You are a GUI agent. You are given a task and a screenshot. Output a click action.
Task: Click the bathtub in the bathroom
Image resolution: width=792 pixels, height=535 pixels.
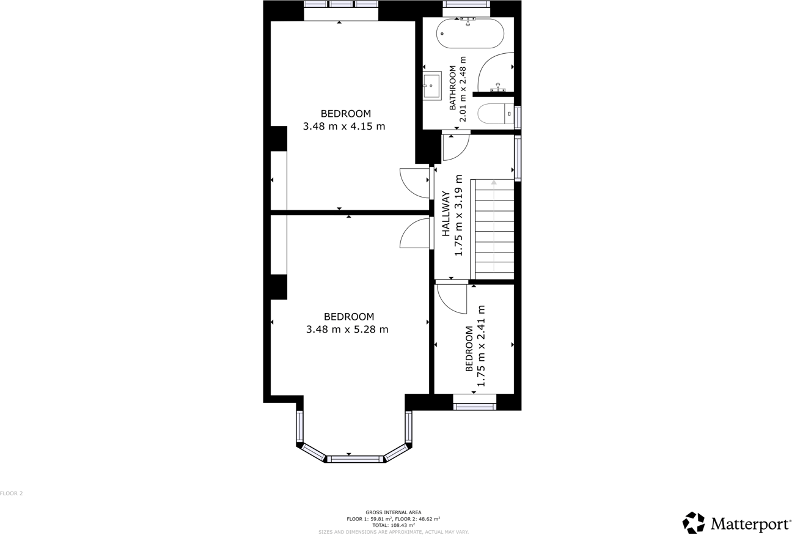click(x=470, y=34)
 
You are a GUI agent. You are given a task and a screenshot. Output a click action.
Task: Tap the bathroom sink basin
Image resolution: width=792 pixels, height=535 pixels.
click(x=431, y=86)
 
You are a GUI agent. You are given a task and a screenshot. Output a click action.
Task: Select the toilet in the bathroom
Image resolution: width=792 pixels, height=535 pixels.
click(x=495, y=114)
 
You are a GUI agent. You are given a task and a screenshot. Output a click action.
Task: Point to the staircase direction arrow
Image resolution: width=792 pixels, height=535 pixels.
click(x=494, y=182)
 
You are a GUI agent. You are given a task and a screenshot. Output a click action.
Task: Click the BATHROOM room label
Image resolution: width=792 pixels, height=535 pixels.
click(x=453, y=88)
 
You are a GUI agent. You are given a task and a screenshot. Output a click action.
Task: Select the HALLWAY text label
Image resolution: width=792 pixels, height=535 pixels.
click(x=446, y=213)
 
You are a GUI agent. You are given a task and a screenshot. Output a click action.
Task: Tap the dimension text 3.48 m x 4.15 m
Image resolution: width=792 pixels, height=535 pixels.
click(x=344, y=127)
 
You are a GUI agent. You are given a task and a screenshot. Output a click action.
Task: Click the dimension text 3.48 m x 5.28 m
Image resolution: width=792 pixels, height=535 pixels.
click(x=347, y=330)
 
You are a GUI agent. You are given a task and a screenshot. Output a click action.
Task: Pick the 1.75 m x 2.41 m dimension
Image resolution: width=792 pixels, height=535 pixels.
click(x=481, y=346)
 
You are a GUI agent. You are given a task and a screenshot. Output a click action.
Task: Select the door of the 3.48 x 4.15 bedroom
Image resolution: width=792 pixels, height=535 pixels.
click(x=416, y=182)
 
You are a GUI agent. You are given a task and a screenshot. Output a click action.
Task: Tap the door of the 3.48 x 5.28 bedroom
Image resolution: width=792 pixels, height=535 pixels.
click(x=416, y=234)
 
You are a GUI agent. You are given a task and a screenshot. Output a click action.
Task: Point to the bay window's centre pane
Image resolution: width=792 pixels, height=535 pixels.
click(x=354, y=459)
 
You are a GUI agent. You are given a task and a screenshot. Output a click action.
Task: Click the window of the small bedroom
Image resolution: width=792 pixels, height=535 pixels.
click(x=474, y=407)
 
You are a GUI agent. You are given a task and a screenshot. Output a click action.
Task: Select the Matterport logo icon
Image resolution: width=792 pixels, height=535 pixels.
click(x=693, y=523)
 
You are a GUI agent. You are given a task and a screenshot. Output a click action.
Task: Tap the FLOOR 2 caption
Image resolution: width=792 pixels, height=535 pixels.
click(x=12, y=493)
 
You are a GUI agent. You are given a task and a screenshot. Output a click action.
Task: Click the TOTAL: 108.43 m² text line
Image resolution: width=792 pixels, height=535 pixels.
click(x=393, y=525)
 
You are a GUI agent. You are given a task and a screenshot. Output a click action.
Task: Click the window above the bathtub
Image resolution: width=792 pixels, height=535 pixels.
click(x=466, y=4)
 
